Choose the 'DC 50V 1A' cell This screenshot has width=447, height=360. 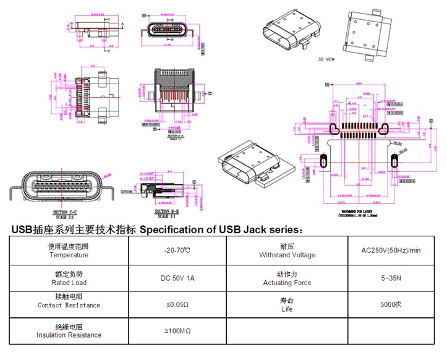(x=177, y=278)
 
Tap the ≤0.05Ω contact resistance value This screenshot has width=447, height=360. (x=177, y=305)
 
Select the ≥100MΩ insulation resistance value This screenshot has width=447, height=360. (x=177, y=332)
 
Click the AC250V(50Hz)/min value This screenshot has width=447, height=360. (x=391, y=251)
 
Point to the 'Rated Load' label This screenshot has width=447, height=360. (x=69, y=283)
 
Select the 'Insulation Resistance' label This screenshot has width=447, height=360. (x=69, y=335)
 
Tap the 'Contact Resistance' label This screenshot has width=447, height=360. (x=69, y=305)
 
